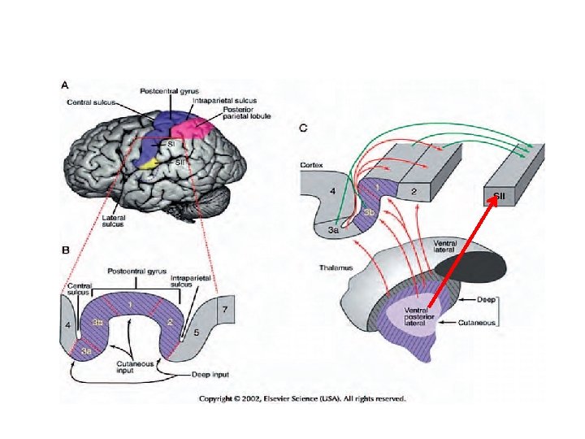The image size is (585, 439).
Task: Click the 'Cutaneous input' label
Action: coord(132,367)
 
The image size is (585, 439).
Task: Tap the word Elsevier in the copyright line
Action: coord(291,398)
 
